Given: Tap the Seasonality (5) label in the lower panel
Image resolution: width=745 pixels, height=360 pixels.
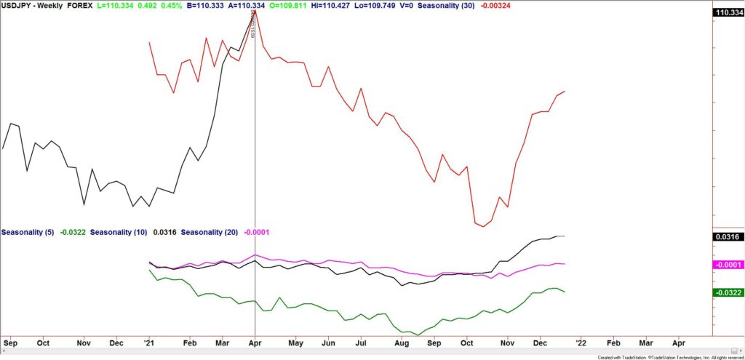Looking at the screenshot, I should tap(28, 232).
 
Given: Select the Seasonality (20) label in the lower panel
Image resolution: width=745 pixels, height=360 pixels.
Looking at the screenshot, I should tap(211, 232).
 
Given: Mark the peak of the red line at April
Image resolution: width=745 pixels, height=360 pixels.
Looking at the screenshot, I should tap(255, 11).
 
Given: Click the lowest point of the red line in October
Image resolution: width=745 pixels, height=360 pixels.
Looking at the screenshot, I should tap(483, 226).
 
